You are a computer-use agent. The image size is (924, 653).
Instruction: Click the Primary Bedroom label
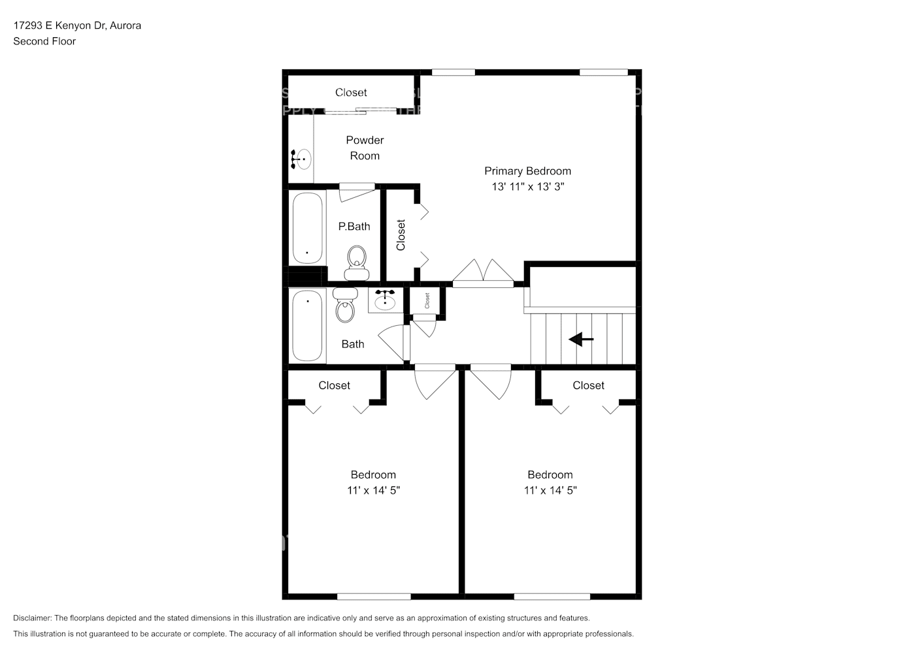click(x=527, y=171)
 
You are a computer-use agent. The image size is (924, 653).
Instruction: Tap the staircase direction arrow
click(x=581, y=340)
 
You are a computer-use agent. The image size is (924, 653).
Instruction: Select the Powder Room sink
click(x=302, y=159)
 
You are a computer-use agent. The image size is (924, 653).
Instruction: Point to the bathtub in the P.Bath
click(x=307, y=228)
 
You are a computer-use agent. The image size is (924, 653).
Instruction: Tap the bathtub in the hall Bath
click(x=308, y=326)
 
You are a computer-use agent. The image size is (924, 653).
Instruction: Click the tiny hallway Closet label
click(x=427, y=300)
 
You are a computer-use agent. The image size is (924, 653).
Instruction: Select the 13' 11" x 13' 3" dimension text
click(x=527, y=187)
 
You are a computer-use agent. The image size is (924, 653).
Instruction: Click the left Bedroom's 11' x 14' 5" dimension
click(x=373, y=490)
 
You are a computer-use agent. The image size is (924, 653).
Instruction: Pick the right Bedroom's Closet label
click(x=588, y=385)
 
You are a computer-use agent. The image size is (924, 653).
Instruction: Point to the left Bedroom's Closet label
click(x=334, y=385)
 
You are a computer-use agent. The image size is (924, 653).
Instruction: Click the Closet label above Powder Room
click(x=351, y=93)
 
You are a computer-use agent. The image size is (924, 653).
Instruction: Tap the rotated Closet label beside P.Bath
click(x=401, y=235)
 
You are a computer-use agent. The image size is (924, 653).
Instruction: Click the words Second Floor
click(x=44, y=41)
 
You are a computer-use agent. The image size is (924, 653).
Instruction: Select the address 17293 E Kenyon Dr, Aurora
click(x=77, y=25)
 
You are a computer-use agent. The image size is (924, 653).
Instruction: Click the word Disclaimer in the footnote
click(x=32, y=618)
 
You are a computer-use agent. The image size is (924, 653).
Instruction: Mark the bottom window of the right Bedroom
click(x=552, y=596)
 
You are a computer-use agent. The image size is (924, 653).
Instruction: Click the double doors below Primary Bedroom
click(x=483, y=274)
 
